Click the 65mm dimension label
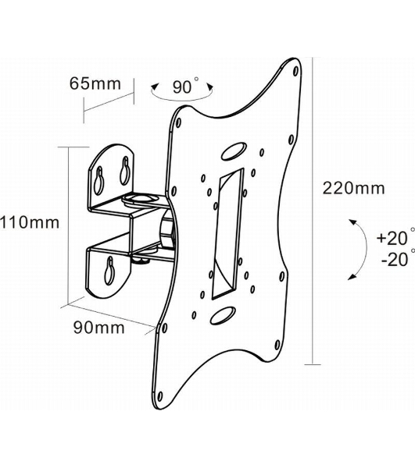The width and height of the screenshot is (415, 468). pyautogui.click(x=95, y=83)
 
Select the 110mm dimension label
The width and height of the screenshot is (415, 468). pyautogui.click(x=30, y=222)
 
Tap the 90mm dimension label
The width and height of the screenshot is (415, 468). pyautogui.click(x=99, y=328)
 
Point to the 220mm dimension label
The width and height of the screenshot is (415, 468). pyautogui.click(x=354, y=188)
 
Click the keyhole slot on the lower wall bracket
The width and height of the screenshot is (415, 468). pyautogui.click(x=109, y=270)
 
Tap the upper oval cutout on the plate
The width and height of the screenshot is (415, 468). pyautogui.click(x=234, y=151)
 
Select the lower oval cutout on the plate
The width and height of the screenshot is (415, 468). pyautogui.click(x=223, y=315)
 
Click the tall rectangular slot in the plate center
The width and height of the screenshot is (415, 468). pyautogui.click(x=227, y=234)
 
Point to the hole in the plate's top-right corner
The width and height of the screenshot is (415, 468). pyautogui.click(x=295, y=71)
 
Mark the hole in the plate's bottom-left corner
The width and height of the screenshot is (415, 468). pyautogui.click(x=160, y=396)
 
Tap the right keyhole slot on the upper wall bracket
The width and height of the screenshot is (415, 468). pyautogui.click(x=125, y=170)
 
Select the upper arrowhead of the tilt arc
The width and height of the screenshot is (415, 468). pyautogui.click(x=353, y=222)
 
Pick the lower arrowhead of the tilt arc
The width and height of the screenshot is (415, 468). pyautogui.click(x=352, y=277)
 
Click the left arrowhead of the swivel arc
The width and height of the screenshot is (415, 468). pyautogui.click(x=155, y=87)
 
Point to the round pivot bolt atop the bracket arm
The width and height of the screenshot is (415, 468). pyautogui.click(x=139, y=198)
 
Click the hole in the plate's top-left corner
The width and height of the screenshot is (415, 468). pyautogui.click(x=179, y=122)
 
